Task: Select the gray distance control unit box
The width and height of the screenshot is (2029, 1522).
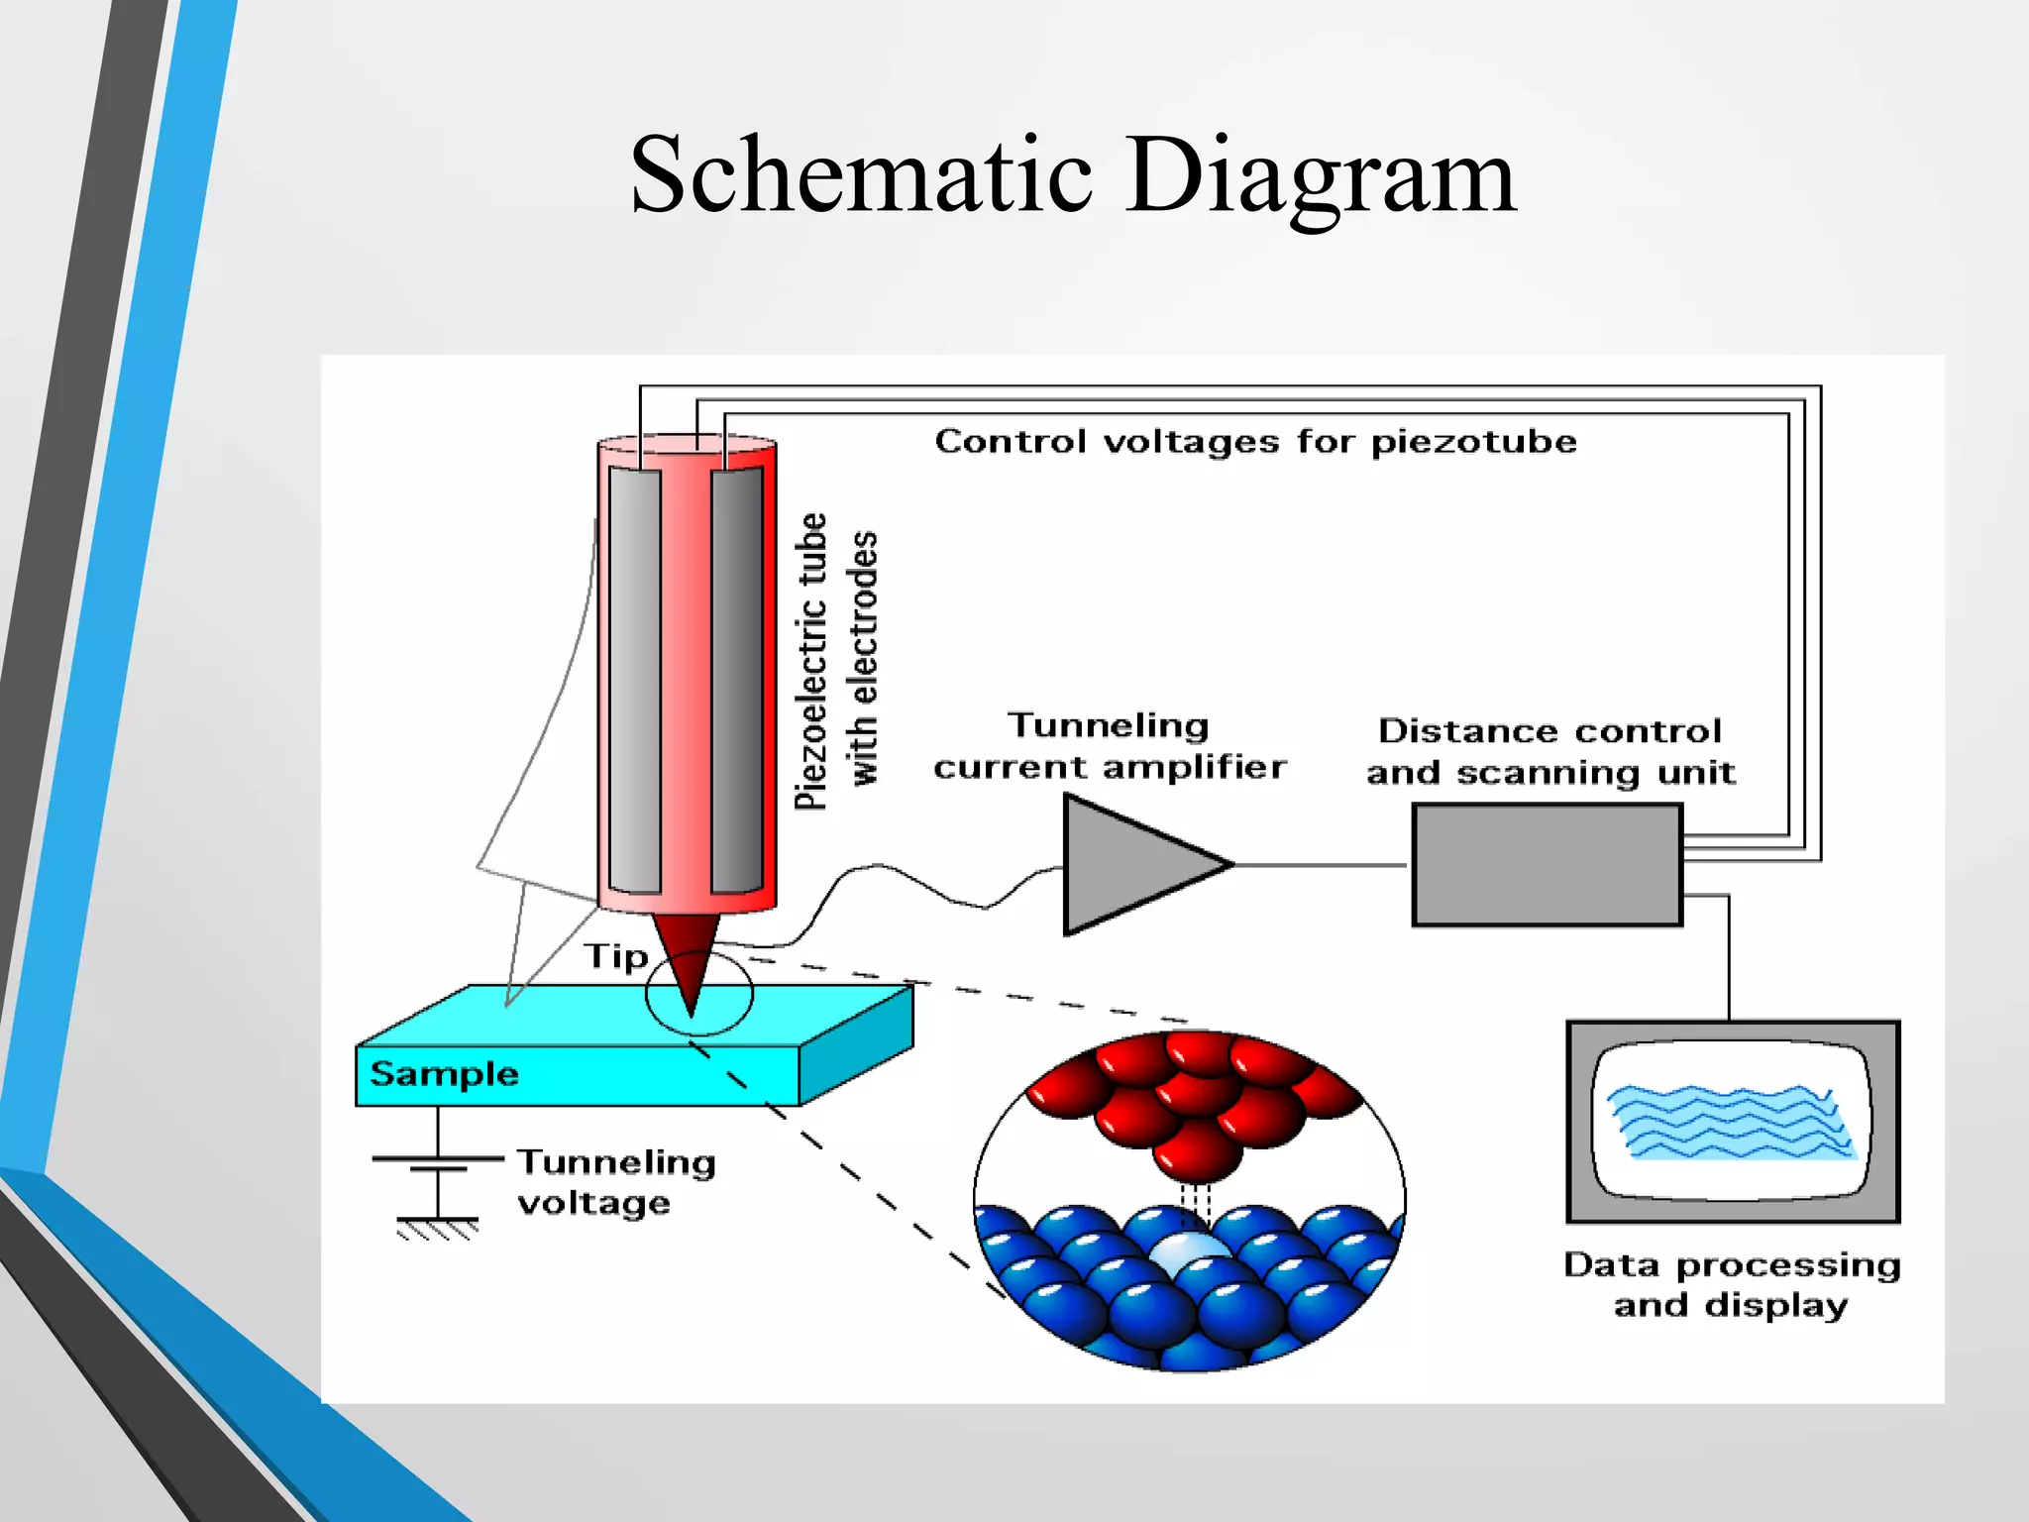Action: (1547, 865)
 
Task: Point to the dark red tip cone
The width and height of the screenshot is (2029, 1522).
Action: (687, 951)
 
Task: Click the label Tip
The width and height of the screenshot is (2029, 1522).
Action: (615, 956)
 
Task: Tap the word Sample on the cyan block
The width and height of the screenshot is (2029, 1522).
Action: (444, 1074)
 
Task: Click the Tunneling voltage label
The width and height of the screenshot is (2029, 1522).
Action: (615, 1181)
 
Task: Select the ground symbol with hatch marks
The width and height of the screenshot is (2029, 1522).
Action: (437, 1228)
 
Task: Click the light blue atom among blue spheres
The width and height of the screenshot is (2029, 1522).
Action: (1190, 1253)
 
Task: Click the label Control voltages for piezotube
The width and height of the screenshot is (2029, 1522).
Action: (1255, 441)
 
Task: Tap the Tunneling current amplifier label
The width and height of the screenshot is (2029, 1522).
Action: (1109, 746)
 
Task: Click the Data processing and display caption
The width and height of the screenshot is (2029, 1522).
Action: (1731, 1284)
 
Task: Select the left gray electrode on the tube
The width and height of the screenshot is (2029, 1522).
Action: (635, 680)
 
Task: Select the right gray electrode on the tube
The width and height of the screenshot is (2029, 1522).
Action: (737, 680)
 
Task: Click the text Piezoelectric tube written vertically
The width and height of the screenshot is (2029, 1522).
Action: (811, 661)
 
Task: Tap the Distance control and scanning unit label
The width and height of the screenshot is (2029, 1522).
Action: (1550, 751)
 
